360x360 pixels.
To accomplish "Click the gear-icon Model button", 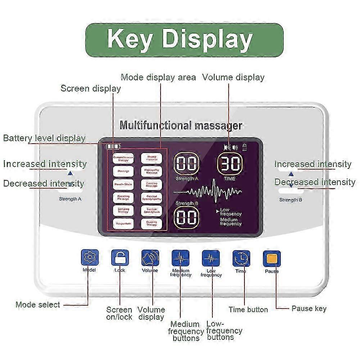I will point(89,258).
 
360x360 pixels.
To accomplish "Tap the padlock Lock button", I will point(120,258).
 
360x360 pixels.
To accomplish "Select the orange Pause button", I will point(272,258).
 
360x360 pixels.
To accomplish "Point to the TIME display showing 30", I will point(229,164).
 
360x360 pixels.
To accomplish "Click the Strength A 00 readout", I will point(187,164).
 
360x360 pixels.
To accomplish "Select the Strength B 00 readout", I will point(187,217).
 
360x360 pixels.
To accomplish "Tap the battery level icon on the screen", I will point(113,147).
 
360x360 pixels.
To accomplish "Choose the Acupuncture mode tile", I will point(123,224).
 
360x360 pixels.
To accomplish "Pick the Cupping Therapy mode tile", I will point(151,224).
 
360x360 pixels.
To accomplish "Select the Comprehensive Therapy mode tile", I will point(123,158).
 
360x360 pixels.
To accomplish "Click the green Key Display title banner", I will point(184,40).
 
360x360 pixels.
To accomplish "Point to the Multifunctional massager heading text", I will point(181,125).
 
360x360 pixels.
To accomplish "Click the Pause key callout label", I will point(309,309).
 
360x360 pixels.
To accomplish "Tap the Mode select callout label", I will point(38,305).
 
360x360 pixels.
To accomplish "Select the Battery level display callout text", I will point(44,138).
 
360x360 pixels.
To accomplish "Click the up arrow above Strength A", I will point(70,173).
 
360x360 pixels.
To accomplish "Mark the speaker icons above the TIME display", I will point(231,147).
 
